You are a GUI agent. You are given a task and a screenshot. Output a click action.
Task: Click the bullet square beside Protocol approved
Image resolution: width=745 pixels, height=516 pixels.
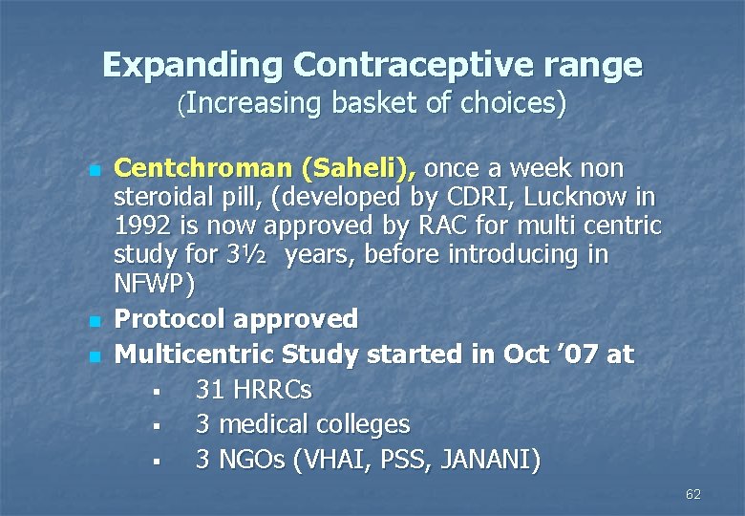93,320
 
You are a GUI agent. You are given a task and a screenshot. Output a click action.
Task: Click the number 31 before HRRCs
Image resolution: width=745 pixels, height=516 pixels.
209,390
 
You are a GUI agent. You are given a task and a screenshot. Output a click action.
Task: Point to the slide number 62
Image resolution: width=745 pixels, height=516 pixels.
693,494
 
